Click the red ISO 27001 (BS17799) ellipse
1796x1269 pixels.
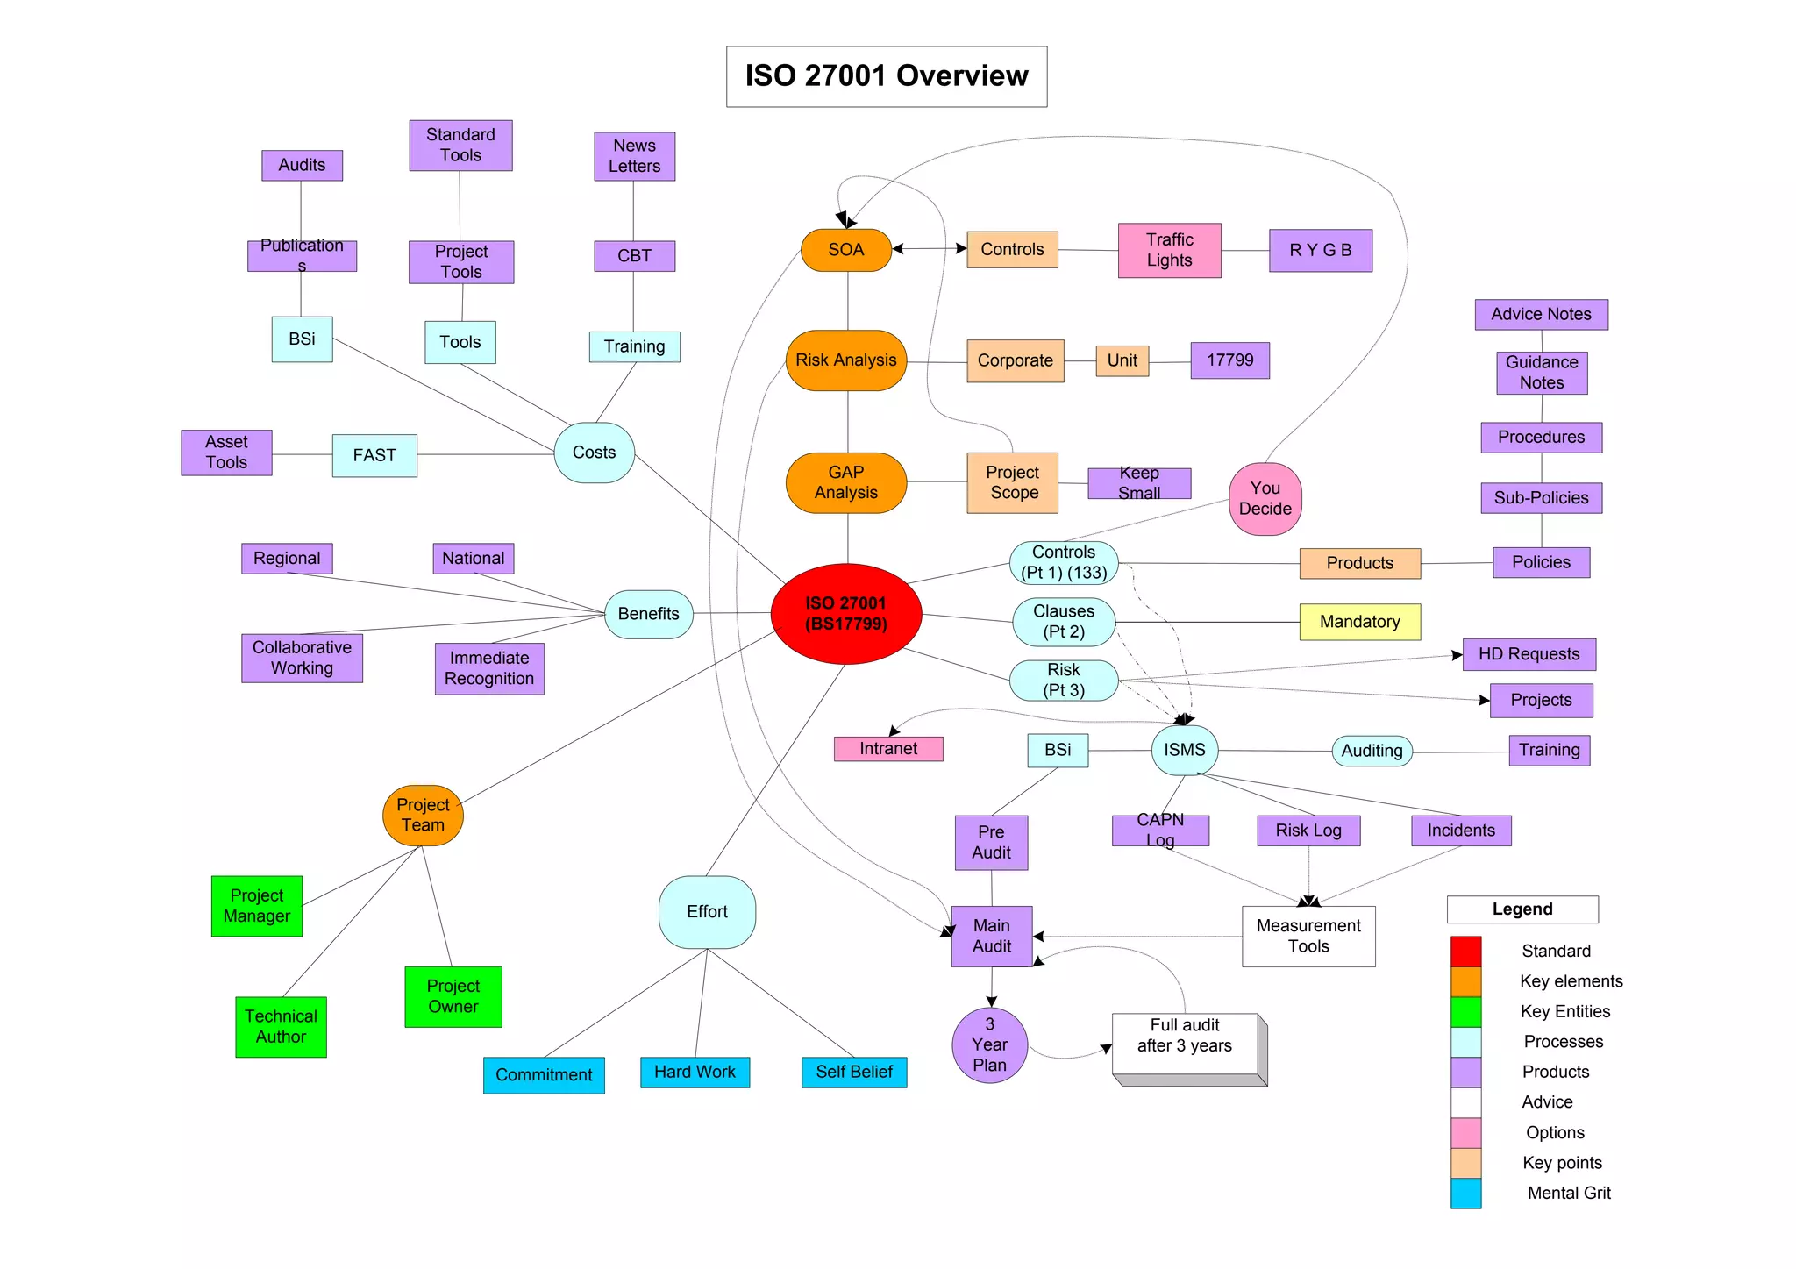point(845,613)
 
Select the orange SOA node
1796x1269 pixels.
point(845,250)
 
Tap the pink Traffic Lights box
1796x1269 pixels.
point(1169,250)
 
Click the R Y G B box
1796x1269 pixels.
point(1320,251)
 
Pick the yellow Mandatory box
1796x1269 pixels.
point(1359,622)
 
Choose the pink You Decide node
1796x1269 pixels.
point(1265,499)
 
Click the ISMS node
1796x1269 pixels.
point(1184,750)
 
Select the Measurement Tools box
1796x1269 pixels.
point(1308,936)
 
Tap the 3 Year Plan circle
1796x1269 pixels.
point(989,1044)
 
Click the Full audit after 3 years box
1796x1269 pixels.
point(1185,1043)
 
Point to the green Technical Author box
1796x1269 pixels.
point(281,1026)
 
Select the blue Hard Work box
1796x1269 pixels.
point(695,1072)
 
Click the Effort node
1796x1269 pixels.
point(707,912)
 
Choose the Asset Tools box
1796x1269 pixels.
point(226,453)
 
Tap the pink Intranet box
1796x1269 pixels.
point(887,749)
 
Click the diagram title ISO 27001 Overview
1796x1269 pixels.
point(886,76)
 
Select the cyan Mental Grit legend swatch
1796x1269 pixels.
point(1465,1193)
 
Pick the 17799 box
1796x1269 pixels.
point(1229,360)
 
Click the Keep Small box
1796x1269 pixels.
point(1138,483)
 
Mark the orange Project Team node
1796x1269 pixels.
point(423,815)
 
